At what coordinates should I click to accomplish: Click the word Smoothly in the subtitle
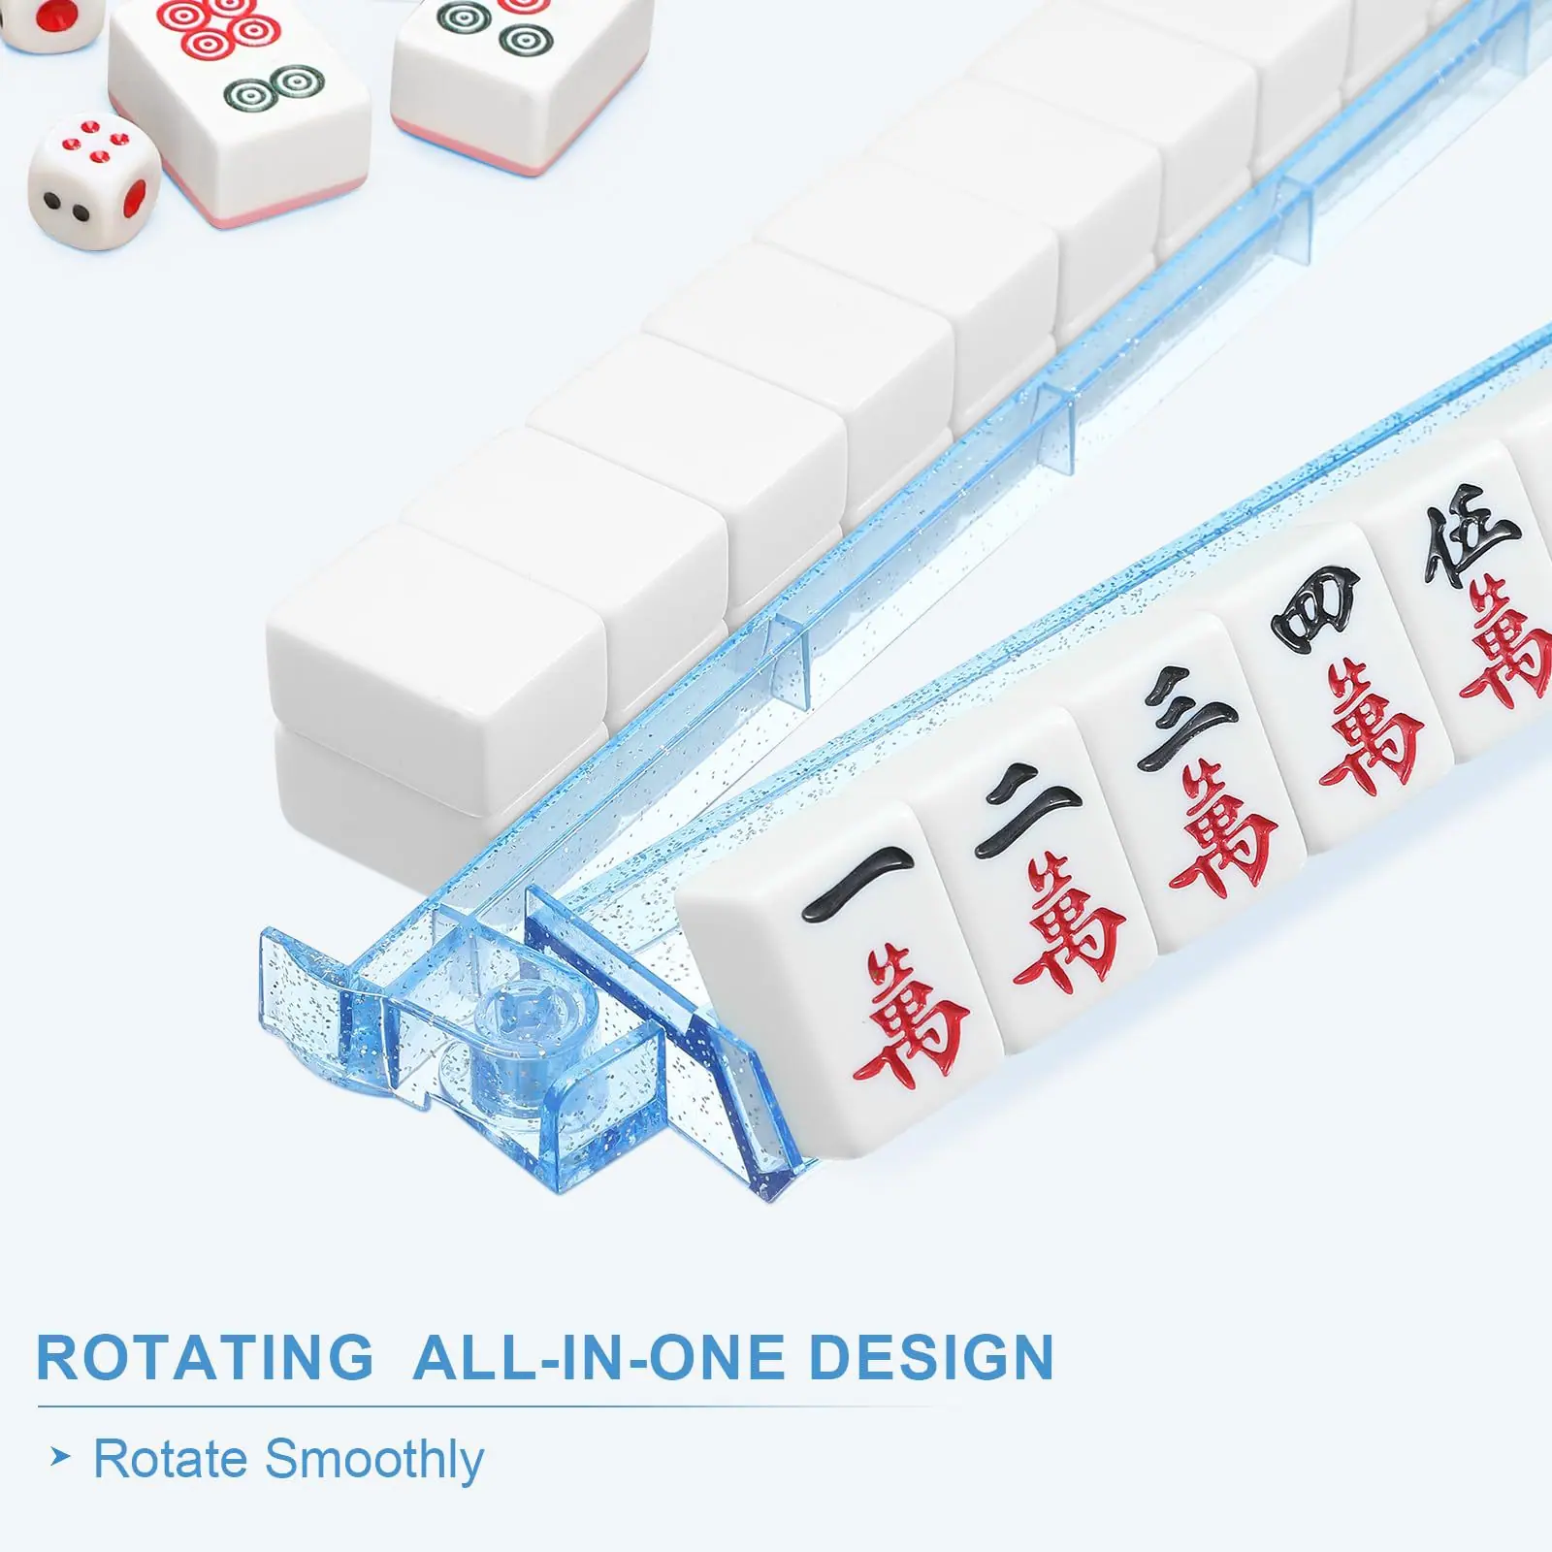[x=373, y=1461]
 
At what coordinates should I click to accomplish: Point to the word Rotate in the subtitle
[x=170, y=1459]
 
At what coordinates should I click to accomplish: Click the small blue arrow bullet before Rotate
[x=60, y=1458]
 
